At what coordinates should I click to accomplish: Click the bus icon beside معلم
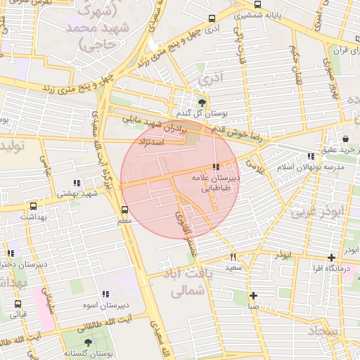click(x=124, y=210)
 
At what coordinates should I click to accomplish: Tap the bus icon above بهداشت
click(x=33, y=207)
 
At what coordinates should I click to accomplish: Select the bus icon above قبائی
click(x=18, y=304)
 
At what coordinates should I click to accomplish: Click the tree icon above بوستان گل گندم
click(x=203, y=103)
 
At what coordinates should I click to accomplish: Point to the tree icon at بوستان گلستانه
click(x=88, y=342)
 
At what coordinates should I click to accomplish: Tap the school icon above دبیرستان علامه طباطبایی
click(x=215, y=167)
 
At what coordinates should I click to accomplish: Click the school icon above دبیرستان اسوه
click(x=105, y=294)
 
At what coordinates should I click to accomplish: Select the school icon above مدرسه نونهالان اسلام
click(x=311, y=156)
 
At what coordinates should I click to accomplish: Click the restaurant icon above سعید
click(x=233, y=257)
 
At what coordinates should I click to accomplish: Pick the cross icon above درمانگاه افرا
click(x=331, y=257)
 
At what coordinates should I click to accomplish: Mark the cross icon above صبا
click(x=253, y=296)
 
